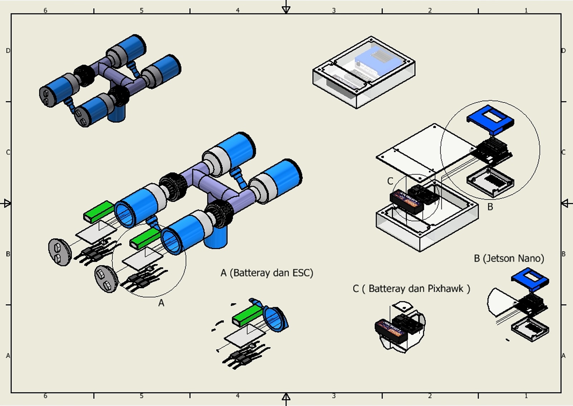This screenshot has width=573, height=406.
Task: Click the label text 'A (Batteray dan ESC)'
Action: point(267,273)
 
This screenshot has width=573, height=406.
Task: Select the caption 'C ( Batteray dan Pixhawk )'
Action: point(411,289)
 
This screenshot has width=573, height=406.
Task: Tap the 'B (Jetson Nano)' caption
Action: point(509,258)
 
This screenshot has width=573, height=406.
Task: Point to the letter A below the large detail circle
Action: point(161,303)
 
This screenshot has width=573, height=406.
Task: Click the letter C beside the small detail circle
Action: point(390,181)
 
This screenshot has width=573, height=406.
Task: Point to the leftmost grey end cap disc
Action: point(59,252)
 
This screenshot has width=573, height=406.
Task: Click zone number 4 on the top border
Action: point(238,10)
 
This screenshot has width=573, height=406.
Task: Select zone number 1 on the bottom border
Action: point(526,396)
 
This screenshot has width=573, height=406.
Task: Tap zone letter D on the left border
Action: point(8,51)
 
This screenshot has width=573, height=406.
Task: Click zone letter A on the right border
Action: point(564,356)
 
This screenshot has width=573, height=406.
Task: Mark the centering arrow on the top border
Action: point(286,9)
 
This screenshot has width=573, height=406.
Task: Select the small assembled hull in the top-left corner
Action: point(109,80)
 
